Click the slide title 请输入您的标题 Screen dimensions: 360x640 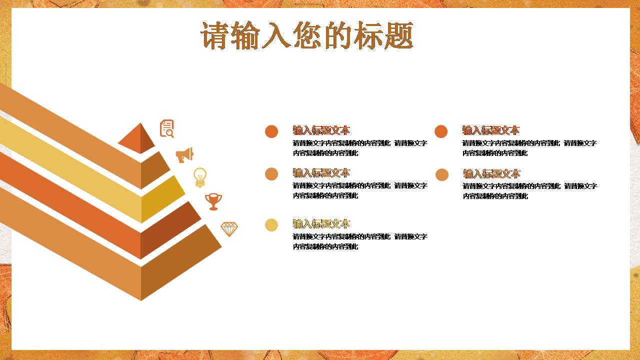(307, 35)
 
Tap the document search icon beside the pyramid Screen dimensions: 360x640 (166, 128)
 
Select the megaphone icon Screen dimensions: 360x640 (184, 155)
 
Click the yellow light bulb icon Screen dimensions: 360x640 (200, 177)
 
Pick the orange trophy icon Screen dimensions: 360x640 (213, 201)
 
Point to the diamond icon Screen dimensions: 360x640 (229, 229)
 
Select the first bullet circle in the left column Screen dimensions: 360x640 (271, 131)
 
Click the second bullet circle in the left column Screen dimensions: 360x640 (271, 174)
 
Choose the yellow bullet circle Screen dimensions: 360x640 (271, 225)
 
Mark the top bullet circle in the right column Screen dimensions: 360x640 (441, 131)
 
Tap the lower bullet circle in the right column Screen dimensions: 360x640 (442, 174)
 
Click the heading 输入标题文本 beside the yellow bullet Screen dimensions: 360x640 (321, 223)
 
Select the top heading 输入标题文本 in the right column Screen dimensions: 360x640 (491, 130)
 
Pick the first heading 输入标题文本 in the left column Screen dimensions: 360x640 (321, 130)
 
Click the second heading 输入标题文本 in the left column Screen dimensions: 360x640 (321, 173)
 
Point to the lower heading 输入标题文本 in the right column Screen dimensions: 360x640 (492, 173)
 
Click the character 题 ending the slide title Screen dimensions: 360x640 (399, 35)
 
